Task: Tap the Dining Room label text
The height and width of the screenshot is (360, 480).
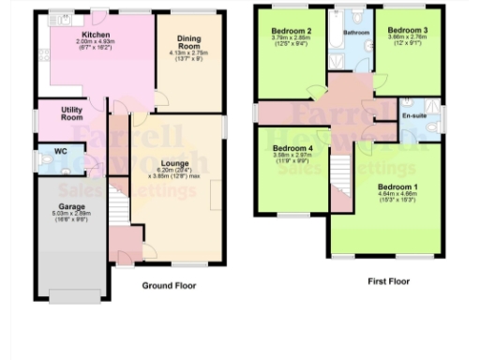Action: click(189, 42)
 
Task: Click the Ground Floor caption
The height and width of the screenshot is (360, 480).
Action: click(169, 285)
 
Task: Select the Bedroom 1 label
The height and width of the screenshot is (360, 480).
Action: click(397, 187)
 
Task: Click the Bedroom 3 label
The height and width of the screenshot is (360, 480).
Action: click(408, 29)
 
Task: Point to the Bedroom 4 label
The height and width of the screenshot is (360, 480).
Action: click(292, 148)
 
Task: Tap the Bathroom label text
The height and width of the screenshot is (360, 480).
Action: click(356, 33)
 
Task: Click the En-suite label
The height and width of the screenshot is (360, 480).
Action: click(413, 117)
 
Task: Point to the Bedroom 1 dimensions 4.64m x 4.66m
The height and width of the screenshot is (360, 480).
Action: click(397, 197)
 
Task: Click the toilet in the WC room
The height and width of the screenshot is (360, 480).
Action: click(46, 161)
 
